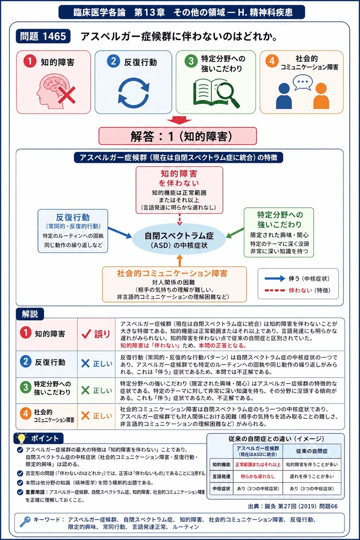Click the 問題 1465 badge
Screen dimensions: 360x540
point(43,36)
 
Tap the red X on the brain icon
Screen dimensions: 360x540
point(67,95)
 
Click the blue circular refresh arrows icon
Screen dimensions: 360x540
point(134,93)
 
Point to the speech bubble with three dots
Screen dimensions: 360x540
point(303,82)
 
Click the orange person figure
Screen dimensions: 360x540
point(321,96)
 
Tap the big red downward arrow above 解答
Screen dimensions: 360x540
point(179,120)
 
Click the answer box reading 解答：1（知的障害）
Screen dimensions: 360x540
point(178,136)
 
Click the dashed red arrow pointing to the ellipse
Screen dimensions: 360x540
point(179,219)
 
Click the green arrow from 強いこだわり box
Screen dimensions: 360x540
point(235,232)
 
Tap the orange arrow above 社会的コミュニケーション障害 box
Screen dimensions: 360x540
point(179,261)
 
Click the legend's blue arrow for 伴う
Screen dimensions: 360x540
point(275,278)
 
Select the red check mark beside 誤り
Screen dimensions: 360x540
point(86,334)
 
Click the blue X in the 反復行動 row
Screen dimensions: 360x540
point(85,363)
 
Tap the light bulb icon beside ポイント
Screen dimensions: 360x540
point(22,438)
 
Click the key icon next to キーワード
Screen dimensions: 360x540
point(25,522)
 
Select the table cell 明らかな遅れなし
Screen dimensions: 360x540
point(257,476)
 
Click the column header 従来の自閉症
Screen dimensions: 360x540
point(312,451)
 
